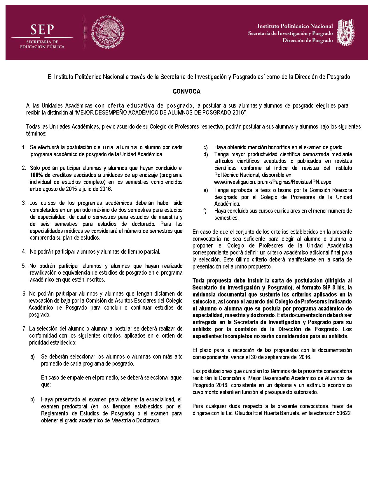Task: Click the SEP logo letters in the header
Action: [x=42, y=30]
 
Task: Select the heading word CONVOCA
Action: [x=186, y=92]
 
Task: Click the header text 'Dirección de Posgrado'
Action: [x=308, y=41]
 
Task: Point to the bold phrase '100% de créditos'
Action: [x=51, y=175]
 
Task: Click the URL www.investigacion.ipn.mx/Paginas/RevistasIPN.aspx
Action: [x=273, y=182]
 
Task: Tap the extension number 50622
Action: [x=343, y=413]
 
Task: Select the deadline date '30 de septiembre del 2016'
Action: [x=282, y=357]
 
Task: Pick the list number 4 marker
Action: [x=24, y=252]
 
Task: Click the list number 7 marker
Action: [x=25, y=329]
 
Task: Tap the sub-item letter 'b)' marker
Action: [x=33, y=399]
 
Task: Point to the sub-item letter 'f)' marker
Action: [x=205, y=211]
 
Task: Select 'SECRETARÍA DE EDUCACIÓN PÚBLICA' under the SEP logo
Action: [x=42, y=44]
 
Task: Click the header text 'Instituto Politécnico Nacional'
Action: [x=295, y=26]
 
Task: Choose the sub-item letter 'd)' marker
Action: [x=206, y=154]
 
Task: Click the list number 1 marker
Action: [x=24, y=148]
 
